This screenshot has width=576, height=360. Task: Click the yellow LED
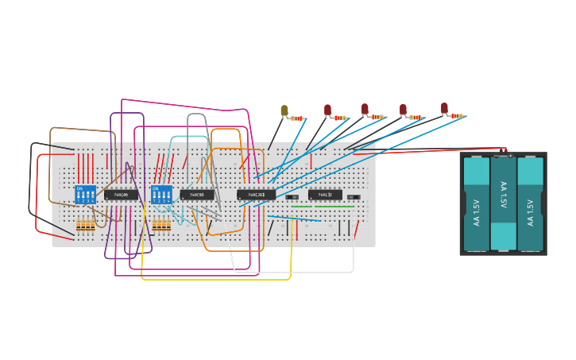284,110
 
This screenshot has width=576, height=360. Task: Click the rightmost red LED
444,108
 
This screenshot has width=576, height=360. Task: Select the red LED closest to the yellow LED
327,110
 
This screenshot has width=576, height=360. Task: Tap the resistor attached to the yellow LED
297,118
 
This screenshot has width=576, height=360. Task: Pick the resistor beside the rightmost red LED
457,116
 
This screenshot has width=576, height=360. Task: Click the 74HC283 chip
256,194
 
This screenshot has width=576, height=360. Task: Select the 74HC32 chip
325,195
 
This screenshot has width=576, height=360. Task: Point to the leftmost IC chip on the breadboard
121,194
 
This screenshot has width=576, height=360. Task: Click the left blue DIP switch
85,194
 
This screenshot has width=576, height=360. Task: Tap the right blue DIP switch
161,194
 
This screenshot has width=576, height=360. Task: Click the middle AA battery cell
503,203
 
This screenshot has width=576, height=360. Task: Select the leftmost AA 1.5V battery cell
477,203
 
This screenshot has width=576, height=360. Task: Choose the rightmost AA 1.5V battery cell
530,203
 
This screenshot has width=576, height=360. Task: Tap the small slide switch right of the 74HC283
292,197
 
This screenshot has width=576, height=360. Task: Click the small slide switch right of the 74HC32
354,197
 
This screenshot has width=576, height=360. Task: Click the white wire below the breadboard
294,272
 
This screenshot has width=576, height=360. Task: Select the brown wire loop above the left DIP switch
79,129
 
